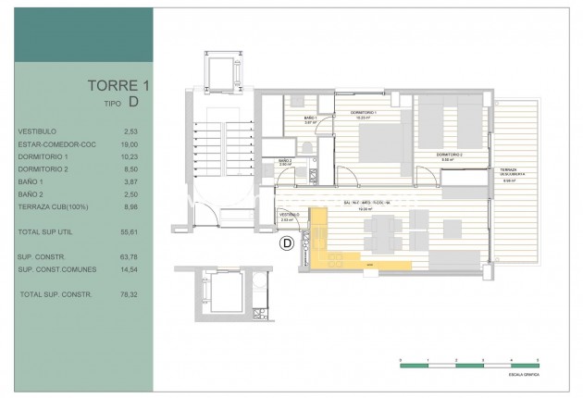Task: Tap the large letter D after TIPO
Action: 134,102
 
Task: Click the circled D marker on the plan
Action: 286,244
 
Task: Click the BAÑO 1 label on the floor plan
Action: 311,118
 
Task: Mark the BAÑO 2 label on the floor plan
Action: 285,161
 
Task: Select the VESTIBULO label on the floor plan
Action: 291,215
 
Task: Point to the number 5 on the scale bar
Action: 537,358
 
